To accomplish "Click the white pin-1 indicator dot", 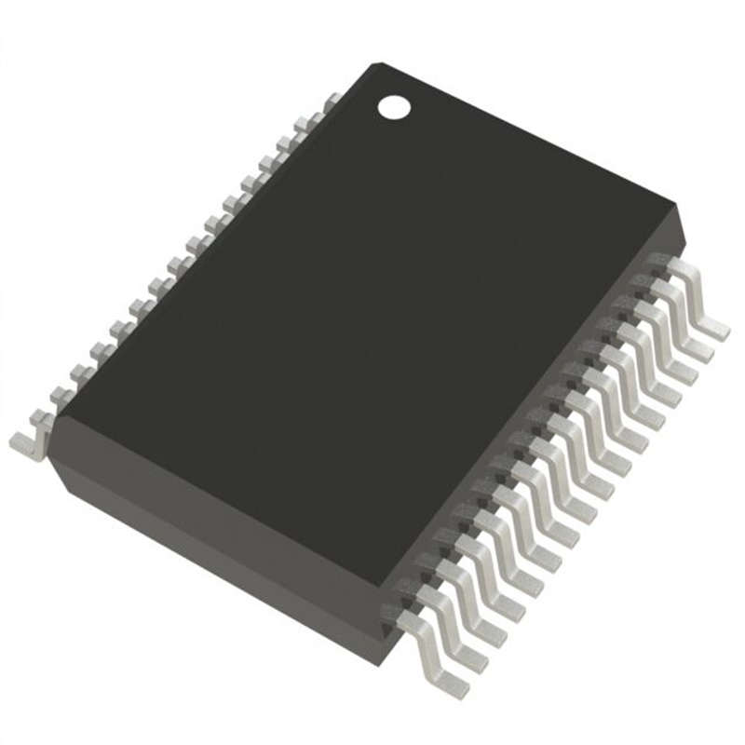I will [x=393, y=106].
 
